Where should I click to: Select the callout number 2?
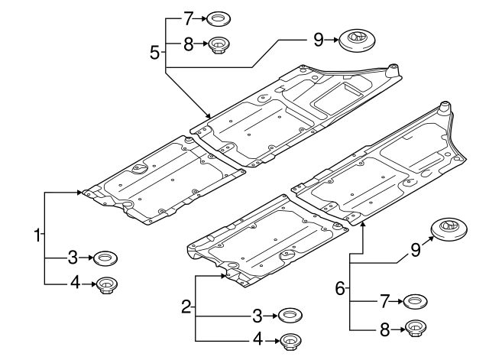tap(186, 307)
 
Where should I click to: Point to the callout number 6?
tap(340, 288)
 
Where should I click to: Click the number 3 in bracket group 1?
tap(73, 257)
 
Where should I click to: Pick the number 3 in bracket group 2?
tap(258, 314)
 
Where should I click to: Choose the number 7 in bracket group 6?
tap(384, 302)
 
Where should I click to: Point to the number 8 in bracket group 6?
tap(384, 329)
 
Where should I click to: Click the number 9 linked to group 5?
tap(319, 38)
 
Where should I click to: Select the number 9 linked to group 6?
tap(416, 249)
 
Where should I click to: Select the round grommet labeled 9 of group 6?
tap(449, 229)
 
